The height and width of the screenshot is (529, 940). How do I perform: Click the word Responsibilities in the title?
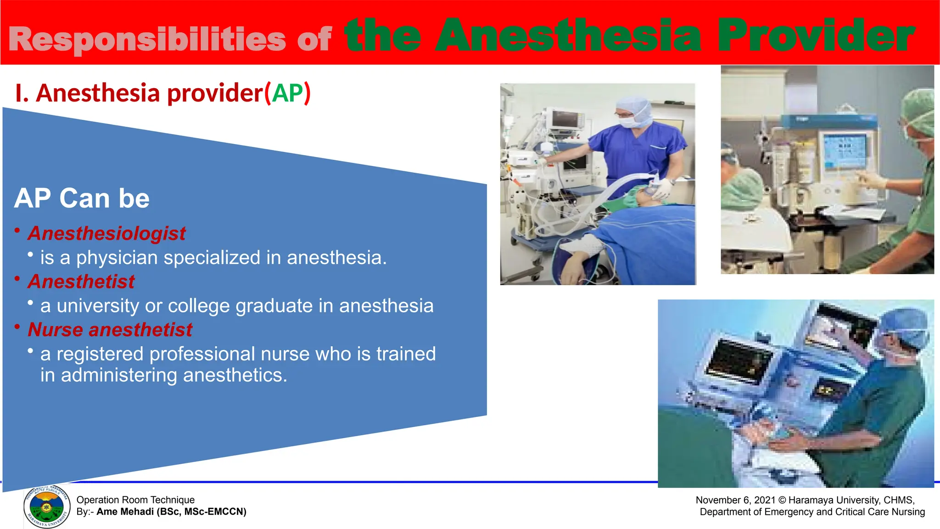pyautogui.click(x=147, y=39)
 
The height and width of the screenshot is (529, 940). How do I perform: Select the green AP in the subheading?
pyautogui.click(x=288, y=93)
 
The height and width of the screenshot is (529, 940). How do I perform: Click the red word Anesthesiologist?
pyautogui.click(x=106, y=233)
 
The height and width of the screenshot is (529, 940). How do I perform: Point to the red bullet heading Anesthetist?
pyautogui.click(x=81, y=281)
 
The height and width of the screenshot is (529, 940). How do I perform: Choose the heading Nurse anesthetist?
pyautogui.click(x=110, y=330)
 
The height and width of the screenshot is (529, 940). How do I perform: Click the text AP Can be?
pyautogui.click(x=82, y=198)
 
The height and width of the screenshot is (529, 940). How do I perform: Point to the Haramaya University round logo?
pyautogui.click(x=46, y=507)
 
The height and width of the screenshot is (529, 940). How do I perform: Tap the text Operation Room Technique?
pyautogui.click(x=135, y=500)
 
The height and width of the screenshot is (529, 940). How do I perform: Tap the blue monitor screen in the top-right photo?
pyautogui.click(x=845, y=152)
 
